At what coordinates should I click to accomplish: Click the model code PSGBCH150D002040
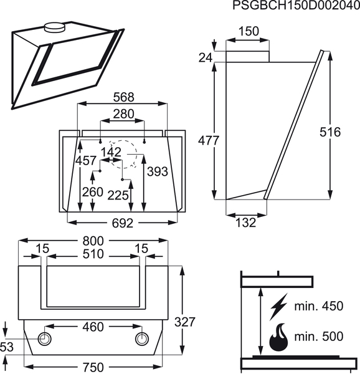tap(296, 5)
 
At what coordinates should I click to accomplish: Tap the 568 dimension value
tap(124, 97)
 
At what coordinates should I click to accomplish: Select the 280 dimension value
tap(124, 114)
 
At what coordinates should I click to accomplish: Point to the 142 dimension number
tap(111, 152)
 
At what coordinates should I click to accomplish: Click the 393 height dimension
tap(158, 171)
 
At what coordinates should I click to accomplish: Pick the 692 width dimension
tap(123, 224)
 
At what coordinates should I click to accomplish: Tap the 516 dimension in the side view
tap(330, 132)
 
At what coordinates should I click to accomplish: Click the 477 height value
tap(209, 140)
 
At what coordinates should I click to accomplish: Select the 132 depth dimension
tap(245, 223)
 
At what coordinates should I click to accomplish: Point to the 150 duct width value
tap(249, 31)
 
